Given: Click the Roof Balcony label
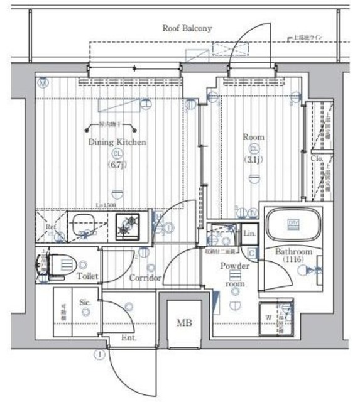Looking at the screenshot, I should point(187,28).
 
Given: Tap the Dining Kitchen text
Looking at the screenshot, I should point(117,143).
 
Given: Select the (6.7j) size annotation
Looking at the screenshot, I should point(116,165).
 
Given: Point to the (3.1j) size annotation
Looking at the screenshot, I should point(253,160).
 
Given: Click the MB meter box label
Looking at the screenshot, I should point(183,323).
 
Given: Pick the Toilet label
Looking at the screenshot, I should point(87,276).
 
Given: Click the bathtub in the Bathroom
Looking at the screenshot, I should point(293,224).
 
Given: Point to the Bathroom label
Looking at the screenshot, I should point(292,252).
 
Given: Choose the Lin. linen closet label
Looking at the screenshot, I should point(248,233).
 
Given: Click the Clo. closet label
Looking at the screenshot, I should point(317,159).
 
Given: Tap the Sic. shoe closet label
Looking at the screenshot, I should point(85,301).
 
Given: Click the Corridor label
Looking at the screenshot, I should point(146,278).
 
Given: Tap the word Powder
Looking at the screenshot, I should point(235,266).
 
